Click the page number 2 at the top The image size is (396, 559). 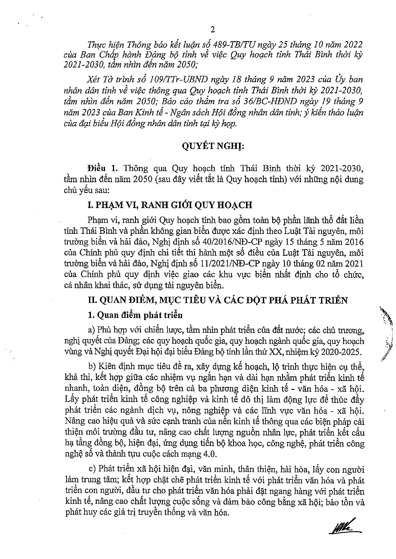point(213,30)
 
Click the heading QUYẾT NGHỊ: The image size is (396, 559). point(213,146)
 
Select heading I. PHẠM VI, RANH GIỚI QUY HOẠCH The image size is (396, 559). point(170,205)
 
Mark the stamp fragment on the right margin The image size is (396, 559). point(386,334)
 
